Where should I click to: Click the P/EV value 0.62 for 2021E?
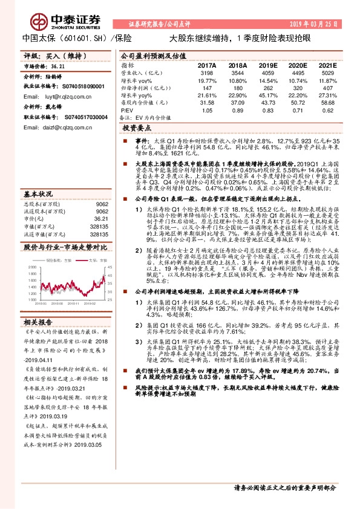pos(327,111)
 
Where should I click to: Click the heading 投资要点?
pos(137,129)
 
